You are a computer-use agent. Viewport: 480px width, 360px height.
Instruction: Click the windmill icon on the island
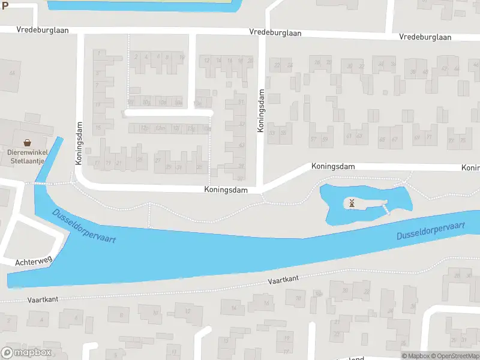(x=352, y=203)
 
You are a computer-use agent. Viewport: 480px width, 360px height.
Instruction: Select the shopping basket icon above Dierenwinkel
(x=27, y=143)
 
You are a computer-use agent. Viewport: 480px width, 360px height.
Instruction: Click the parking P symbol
(x=5, y=4)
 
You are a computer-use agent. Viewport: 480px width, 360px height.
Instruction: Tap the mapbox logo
(x=26, y=353)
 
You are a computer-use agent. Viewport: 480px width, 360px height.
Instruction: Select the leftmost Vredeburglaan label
(x=43, y=29)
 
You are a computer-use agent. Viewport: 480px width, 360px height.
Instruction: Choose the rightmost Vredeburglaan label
(x=425, y=37)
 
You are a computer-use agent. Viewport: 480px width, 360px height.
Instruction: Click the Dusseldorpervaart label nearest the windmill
(x=431, y=230)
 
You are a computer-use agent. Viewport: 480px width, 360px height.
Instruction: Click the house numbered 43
(x=242, y=145)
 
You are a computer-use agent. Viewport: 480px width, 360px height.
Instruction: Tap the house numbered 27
(x=158, y=160)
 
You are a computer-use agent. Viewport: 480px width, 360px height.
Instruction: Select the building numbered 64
(x=11, y=73)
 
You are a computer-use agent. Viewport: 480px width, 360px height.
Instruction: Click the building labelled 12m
(x=160, y=128)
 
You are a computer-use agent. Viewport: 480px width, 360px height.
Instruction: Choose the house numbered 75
(x=463, y=140)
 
